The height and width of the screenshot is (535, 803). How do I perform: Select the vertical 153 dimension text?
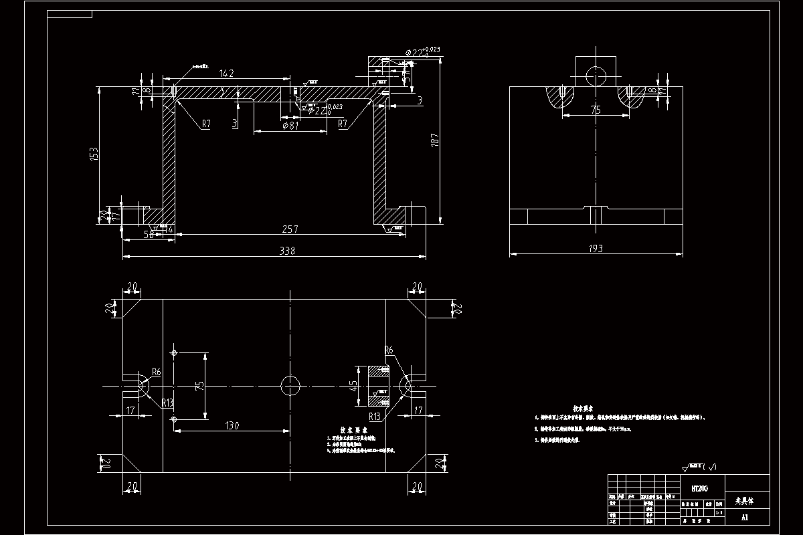point(95,153)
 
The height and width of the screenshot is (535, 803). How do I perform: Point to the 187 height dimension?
point(435,140)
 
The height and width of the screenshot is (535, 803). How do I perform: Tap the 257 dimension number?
point(289,229)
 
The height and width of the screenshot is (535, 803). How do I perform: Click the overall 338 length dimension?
point(286,251)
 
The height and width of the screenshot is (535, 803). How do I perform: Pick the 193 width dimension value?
point(596,249)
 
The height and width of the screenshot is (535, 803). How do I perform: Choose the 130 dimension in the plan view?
point(234,425)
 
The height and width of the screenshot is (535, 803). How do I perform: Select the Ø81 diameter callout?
point(290,126)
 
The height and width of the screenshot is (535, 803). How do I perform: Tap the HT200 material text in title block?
point(697,490)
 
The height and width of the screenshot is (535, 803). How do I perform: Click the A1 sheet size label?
point(745,517)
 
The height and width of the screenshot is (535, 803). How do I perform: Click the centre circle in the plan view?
point(291,386)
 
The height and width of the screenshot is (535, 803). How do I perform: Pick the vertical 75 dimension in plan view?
point(198,386)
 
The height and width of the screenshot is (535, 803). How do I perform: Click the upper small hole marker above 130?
point(174,352)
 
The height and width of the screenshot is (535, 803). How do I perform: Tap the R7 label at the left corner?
point(205,124)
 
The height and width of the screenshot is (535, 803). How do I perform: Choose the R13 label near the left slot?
point(168,403)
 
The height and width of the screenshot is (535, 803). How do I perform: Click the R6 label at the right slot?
point(389,350)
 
